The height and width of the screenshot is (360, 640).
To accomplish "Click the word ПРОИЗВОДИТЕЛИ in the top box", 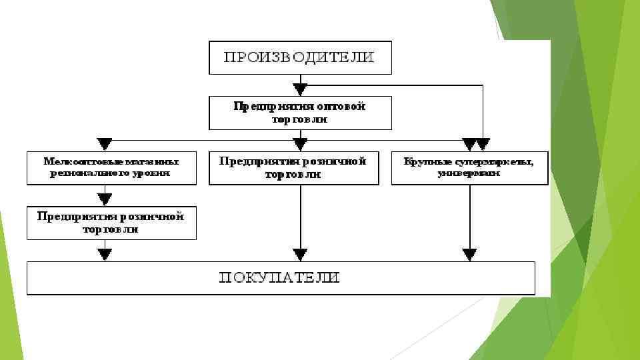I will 299,57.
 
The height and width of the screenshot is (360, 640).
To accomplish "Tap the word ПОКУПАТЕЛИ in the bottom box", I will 280,277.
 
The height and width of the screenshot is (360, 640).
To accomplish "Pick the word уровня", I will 152,173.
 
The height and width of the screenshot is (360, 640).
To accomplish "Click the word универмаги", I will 469,173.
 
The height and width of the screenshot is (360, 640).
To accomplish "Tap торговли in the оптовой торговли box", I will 300,119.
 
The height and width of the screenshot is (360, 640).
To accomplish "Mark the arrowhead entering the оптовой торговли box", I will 301,89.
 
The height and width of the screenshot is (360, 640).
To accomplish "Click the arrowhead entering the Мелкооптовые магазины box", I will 105,144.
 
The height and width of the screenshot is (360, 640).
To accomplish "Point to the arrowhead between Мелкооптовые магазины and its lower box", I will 105,198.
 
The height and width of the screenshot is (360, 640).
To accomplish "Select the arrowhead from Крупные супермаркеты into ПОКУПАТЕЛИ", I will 470,253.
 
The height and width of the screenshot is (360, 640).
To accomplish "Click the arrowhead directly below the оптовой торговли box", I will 301,144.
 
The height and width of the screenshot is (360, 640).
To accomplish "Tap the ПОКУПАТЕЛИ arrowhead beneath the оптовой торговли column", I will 301,253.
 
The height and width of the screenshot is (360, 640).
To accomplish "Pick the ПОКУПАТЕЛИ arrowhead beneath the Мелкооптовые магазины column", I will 105,253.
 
